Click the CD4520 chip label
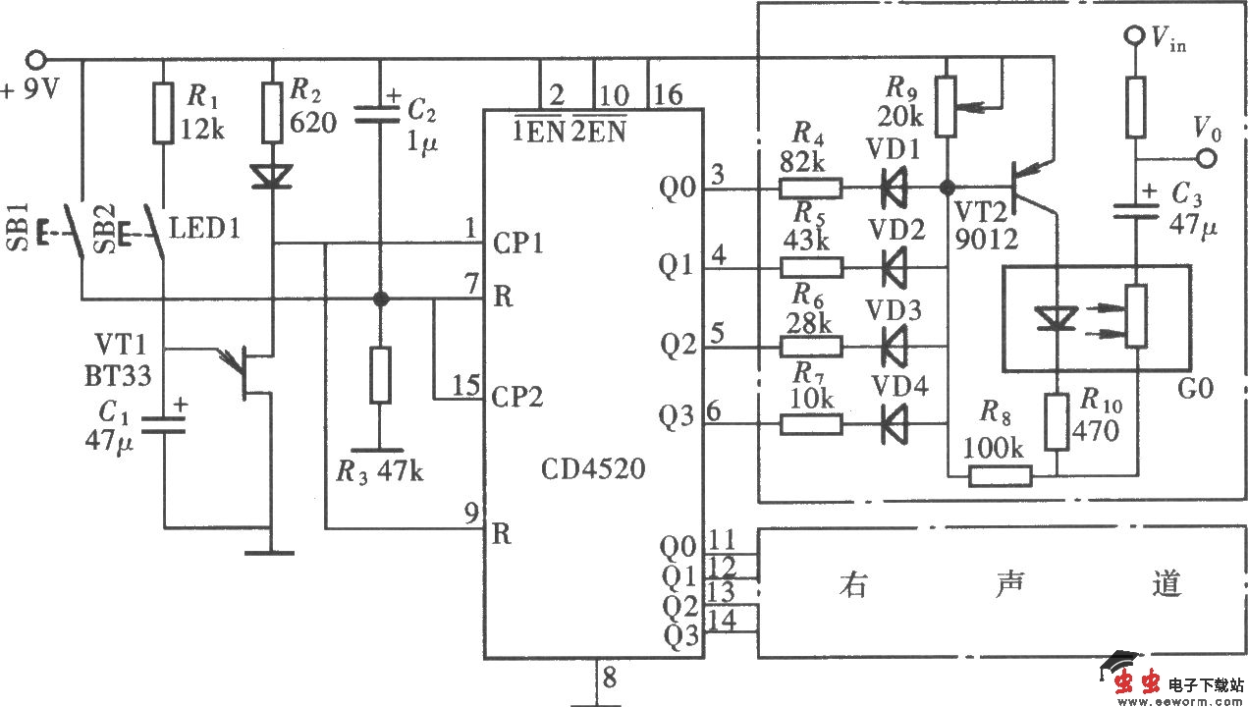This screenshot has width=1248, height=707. [592, 469]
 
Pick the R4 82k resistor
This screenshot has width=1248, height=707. [810, 188]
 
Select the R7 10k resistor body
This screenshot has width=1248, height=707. [810, 423]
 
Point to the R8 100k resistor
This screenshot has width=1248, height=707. [1001, 476]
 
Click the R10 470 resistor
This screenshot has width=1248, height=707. [1056, 420]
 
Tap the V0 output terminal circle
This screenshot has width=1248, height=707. [1209, 157]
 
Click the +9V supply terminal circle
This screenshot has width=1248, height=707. [37, 60]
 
